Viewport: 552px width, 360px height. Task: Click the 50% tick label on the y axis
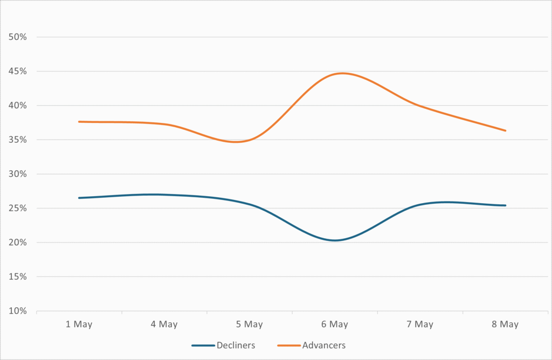pos(18,37)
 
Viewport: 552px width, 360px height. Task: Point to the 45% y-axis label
pos(18,71)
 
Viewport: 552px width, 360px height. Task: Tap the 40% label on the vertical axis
pos(18,106)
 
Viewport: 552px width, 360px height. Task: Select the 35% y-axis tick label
pos(18,140)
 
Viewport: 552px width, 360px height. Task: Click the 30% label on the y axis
pos(18,174)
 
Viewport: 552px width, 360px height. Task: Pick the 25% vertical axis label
pos(18,209)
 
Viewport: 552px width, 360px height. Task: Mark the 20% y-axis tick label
pos(18,243)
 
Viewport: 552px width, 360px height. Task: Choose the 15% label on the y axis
pos(18,276)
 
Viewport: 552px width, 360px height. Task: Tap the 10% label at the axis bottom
pos(18,311)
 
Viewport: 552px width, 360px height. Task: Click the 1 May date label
pos(79,324)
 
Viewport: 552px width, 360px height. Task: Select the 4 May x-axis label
pos(164,324)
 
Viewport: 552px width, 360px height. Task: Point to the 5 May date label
pos(249,324)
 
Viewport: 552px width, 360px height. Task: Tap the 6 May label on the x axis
pos(334,324)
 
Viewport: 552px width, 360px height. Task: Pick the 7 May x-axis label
pos(420,324)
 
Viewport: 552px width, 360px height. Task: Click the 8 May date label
pos(505,324)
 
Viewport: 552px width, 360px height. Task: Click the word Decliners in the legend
pos(236,345)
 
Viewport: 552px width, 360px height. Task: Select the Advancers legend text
pos(324,345)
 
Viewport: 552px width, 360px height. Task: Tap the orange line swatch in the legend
pos(289,345)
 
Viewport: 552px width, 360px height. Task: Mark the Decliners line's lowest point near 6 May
pos(335,240)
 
